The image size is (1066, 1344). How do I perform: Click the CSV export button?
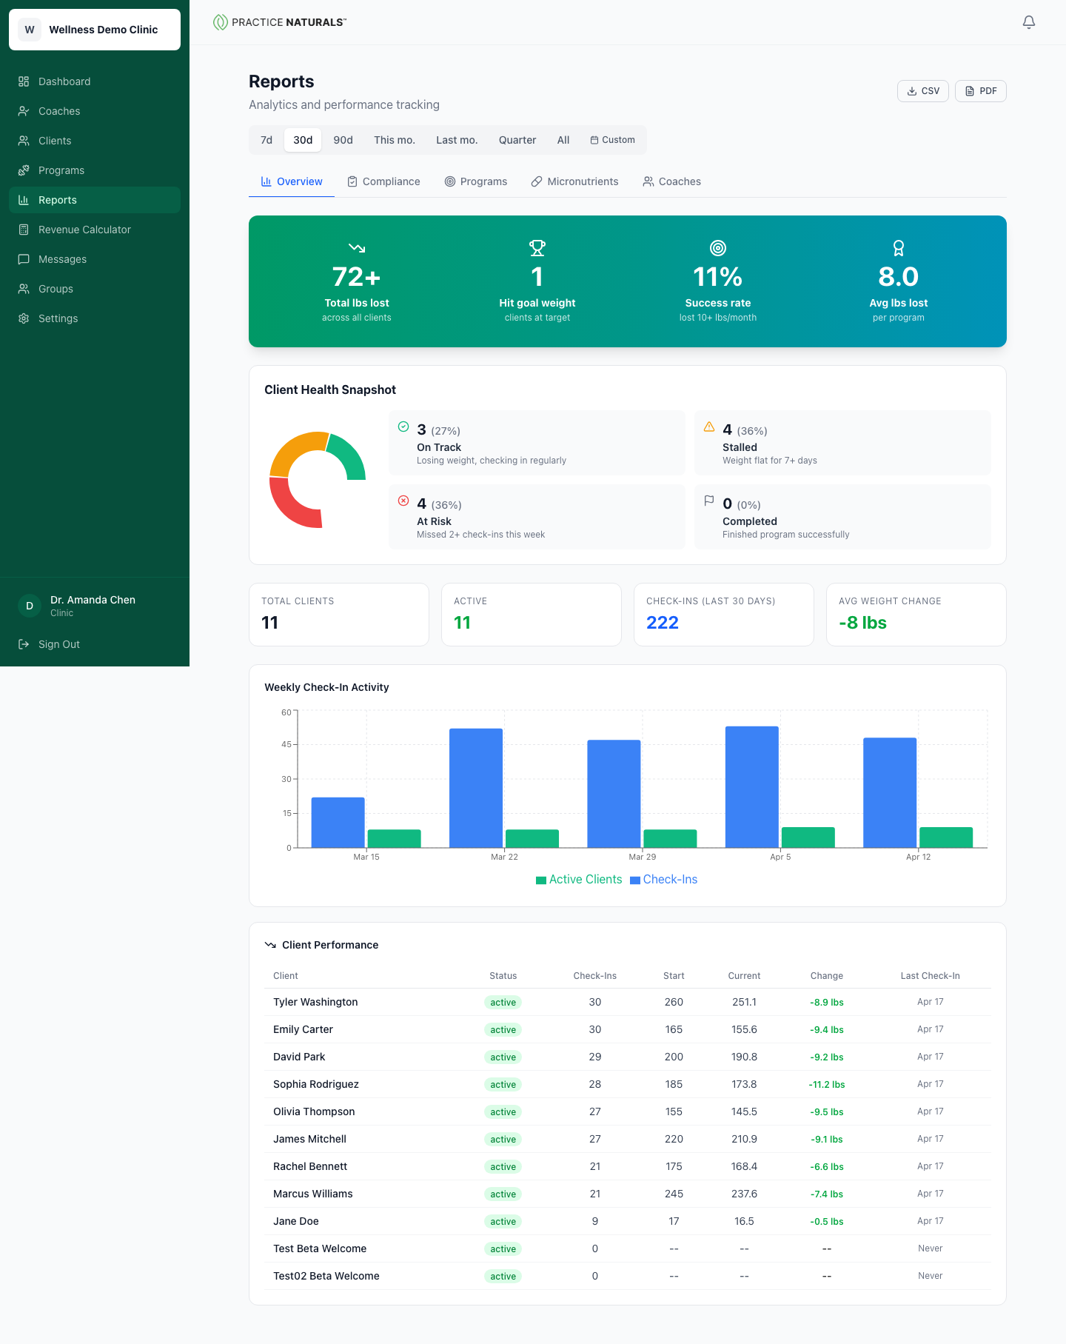pos(922,91)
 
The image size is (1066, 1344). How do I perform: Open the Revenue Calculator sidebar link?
pos(84,230)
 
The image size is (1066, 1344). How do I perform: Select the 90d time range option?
pos(343,140)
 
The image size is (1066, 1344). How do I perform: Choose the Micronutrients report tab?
pos(574,181)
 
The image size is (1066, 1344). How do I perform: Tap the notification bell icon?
pos(1028,22)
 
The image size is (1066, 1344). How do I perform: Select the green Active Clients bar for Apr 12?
pos(945,838)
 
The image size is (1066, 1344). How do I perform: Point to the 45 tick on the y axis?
pos(286,744)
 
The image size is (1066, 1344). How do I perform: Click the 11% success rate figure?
pos(717,277)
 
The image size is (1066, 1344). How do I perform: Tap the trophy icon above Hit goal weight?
pos(537,248)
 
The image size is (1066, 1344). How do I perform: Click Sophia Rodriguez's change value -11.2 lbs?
pos(826,1085)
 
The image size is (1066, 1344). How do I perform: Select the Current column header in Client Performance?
pos(744,976)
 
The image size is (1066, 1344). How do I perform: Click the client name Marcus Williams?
pos(312,1194)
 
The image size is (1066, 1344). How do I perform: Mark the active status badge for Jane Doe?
pos(503,1222)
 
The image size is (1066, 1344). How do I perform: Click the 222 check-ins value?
pos(662,623)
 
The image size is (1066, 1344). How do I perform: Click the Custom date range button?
pos(612,140)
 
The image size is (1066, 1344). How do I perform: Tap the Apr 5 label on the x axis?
pos(780,857)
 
